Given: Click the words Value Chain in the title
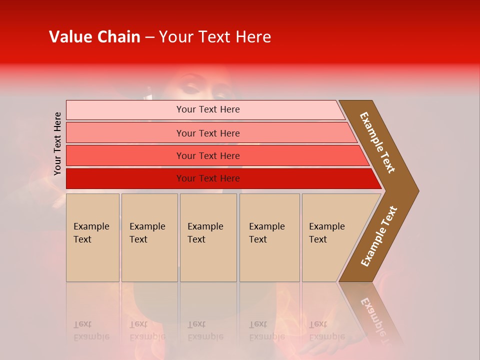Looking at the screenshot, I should (94, 37).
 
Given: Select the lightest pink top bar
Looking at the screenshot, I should (125, 110).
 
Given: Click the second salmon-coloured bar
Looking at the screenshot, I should (125, 133).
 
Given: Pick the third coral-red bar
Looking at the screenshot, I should (125, 155).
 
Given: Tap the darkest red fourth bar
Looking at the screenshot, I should (125, 178).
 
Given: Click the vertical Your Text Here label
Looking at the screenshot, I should (57, 144).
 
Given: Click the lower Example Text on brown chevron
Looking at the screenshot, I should (379, 236).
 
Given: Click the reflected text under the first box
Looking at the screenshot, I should (91, 331).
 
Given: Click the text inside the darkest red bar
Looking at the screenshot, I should (208, 178).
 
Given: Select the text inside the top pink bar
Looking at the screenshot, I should (208, 109).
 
